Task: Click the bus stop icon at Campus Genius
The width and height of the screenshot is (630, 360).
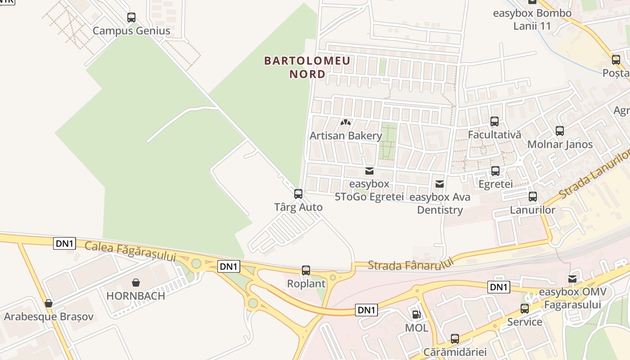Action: [x=131, y=18]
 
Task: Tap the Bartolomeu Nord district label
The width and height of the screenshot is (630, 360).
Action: [x=307, y=67]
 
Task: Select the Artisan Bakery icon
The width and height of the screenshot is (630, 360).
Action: [x=345, y=122]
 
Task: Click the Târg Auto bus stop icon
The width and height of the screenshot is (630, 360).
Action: [x=298, y=194]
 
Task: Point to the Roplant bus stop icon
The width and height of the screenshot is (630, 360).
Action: [x=306, y=270]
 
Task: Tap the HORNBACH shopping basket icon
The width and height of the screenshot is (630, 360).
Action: [x=136, y=283]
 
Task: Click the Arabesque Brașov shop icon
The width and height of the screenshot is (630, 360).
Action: [x=49, y=303]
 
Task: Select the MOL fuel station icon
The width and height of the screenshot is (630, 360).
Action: [x=416, y=315]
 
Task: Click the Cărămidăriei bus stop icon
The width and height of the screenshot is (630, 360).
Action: [x=455, y=338]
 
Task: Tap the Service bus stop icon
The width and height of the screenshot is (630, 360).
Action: [x=525, y=309]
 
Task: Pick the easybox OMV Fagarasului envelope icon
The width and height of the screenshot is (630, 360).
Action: [x=572, y=279]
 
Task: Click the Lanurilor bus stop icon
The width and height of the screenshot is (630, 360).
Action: [x=533, y=197]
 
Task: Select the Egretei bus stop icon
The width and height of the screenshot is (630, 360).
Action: [x=495, y=171]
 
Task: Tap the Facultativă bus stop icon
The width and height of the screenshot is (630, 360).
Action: [x=495, y=121]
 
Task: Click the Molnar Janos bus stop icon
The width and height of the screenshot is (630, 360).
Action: [x=560, y=131]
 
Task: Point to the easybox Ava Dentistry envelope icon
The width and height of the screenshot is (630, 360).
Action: [x=440, y=184]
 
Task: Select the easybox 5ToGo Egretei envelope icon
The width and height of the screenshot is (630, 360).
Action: [x=369, y=171]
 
